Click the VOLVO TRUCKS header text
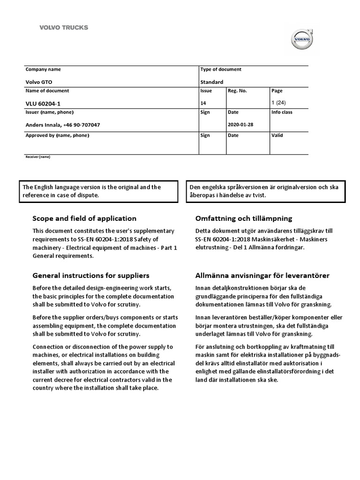(x=63, y=28)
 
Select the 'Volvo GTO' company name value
(x=39, y=82)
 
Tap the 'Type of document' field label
(x=221, y=69)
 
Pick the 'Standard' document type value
(x=212, y=82)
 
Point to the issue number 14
(x=203, y=103)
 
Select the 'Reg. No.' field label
(x=237, y=91)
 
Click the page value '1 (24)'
(x=278, y=103)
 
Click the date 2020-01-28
(x=240, y=125)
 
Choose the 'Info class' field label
(x=282, y=112)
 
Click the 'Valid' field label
(x=277, y=135)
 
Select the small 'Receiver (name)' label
(x=37, y=157)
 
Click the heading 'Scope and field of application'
(x=84, y=218)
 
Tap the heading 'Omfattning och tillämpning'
(x=243, y=218)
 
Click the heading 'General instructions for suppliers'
(x=91, y=276)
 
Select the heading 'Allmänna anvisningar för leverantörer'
(x=262, y=276)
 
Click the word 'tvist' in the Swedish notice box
(x=258, y=195)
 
